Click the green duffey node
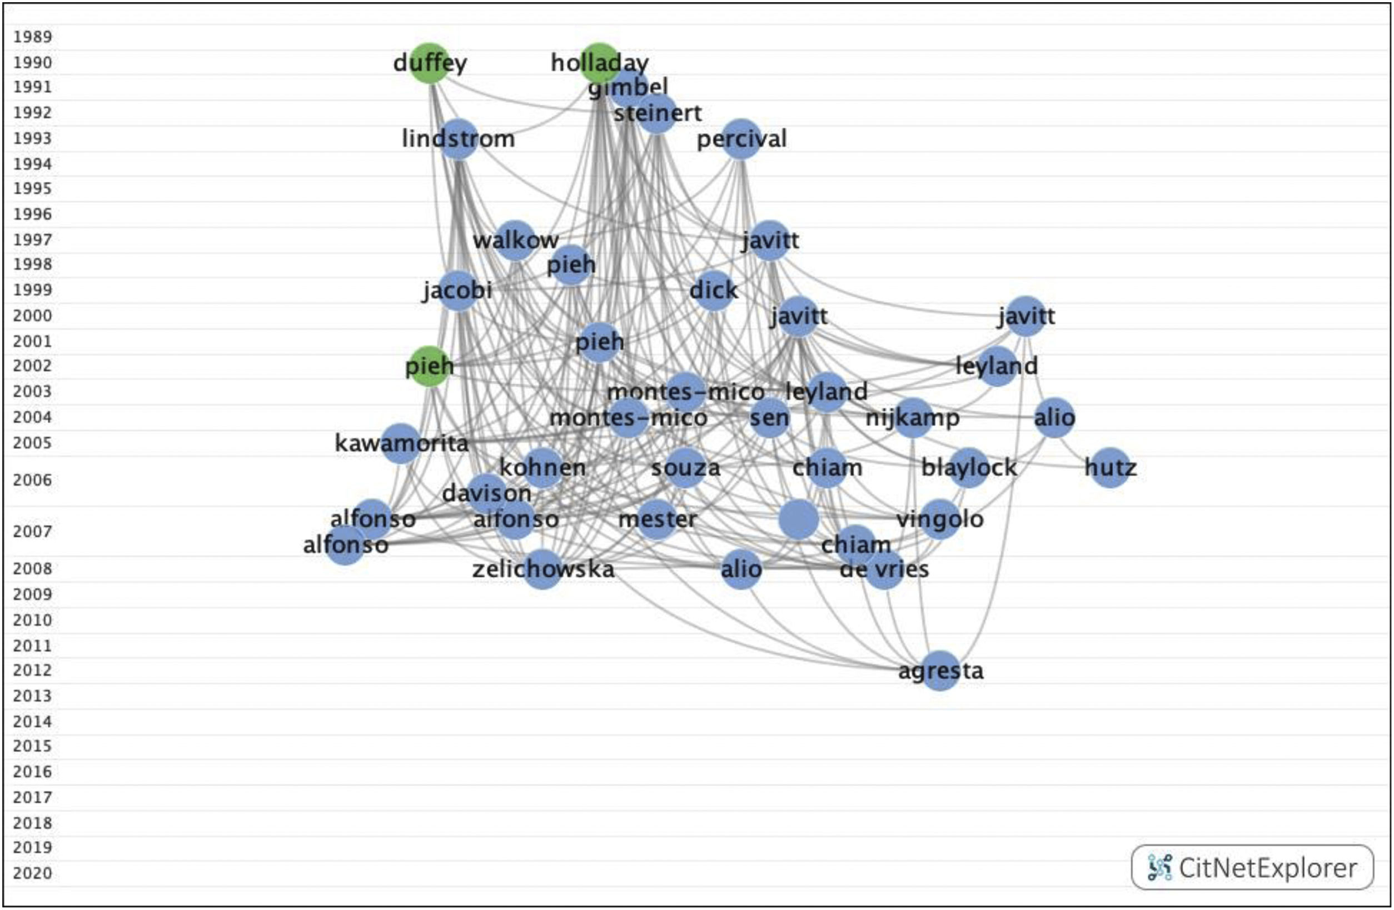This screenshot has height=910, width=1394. pyautogui.click(x=430, y=63)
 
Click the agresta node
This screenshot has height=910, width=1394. pyautogui.click(x=940, y=671)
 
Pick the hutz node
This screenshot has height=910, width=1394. pyautogui.click(x=1111, y=468)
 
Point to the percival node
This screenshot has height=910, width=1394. pyautogui.click(x=741, y=139)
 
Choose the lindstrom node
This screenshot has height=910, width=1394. pyautogui.click(x=458, y=139)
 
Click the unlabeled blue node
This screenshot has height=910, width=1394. pyautogui.click(x=799, y=519)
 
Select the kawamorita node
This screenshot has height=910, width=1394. pyautogui.click(x=401, y=443)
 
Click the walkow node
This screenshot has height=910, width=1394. pyautogui.click(x=515, y=240)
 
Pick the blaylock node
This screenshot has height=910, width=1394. pyautogui.click(x=969, y=468)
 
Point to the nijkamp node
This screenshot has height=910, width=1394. pyautogui.click(x=913, y=418)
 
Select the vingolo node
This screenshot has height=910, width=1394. pyautogui.click(x=940, y=519)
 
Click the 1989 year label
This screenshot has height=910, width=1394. pyautogui.click(x=33, y=37)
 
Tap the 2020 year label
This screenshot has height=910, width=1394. pyautogui.click(x=33, y=873)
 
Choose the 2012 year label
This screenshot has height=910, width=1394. pyautogui.click(x=33, y=670)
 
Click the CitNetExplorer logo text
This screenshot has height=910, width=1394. pyautogui.click(x=1267, y=868)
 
